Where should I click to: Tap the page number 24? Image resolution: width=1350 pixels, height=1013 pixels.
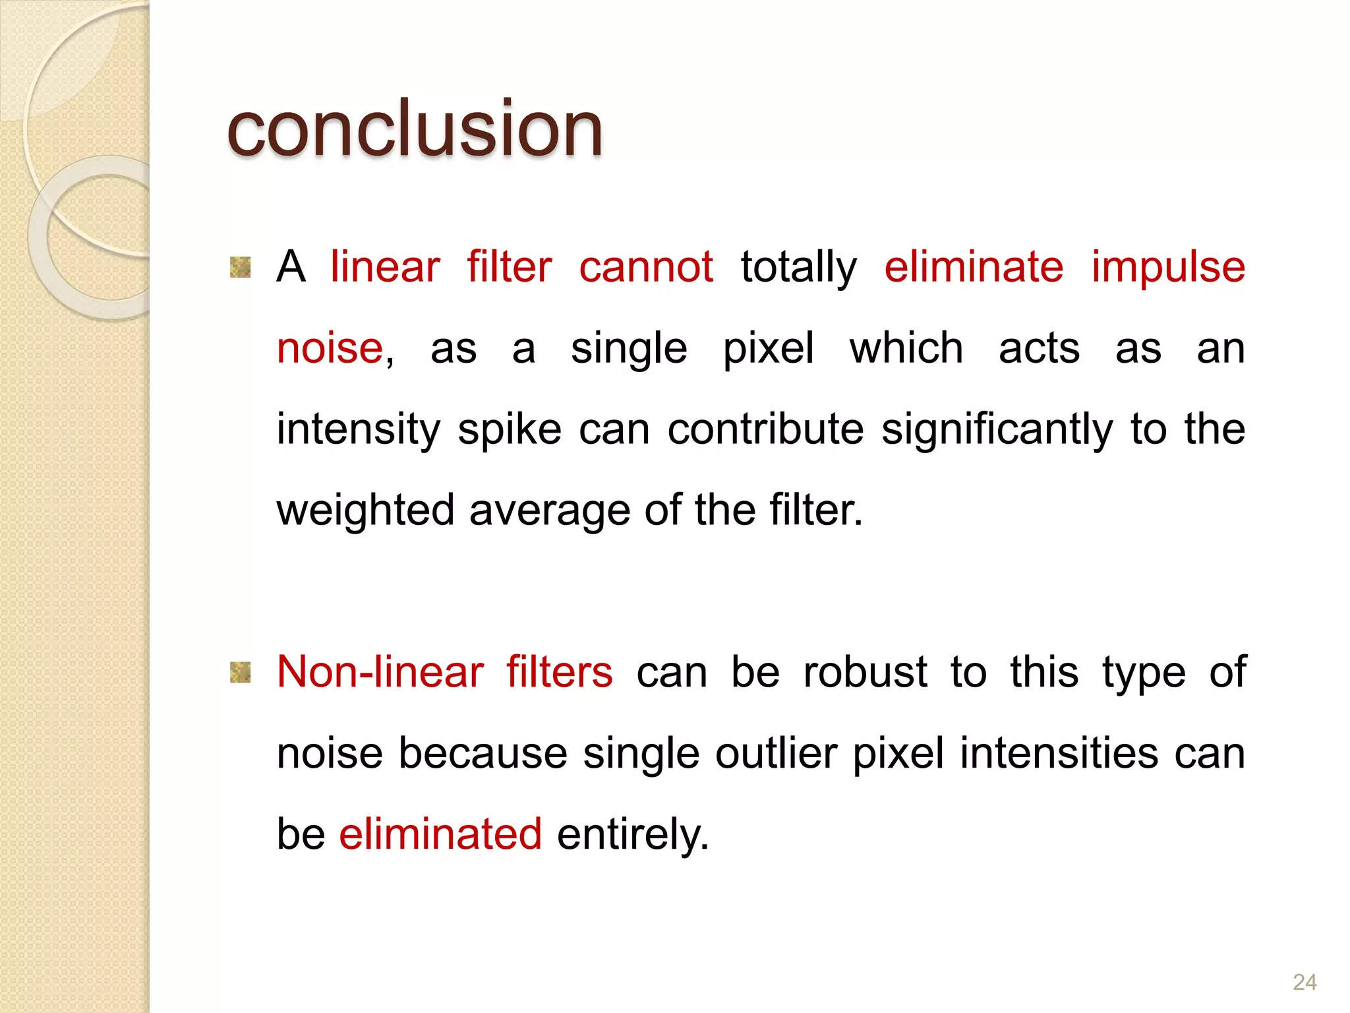tap(1305, 982)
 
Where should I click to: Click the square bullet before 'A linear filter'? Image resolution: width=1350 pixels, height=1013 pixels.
tap(241, 267)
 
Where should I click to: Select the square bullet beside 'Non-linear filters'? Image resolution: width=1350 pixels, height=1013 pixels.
tap(241, 672)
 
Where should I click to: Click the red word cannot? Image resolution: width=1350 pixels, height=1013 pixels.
tap(646, 267)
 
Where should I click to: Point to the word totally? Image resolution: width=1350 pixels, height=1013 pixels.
tap(799, 268)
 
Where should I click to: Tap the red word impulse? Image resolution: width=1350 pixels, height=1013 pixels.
tap(1168, 268)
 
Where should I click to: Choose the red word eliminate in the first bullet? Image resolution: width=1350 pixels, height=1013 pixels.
tap(974, 267)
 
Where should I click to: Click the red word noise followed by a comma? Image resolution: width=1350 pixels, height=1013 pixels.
tap(330, 348)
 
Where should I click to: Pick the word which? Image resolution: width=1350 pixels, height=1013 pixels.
tap(906, 348)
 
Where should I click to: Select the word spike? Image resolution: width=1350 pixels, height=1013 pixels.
tap(510, 430)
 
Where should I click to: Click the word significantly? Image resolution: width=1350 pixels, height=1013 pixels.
tap(997, 430)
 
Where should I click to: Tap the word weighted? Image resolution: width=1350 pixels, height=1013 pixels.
tap(366, 511)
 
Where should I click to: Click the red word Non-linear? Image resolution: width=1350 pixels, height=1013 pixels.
tap(380, 672)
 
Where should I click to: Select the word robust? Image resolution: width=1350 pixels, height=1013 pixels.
tap(866, 672)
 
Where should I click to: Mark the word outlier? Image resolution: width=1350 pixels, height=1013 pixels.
tap(777, 753)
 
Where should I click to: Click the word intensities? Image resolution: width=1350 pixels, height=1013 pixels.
tap(1059, 753)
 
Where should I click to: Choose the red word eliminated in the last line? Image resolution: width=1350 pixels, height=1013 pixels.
tap(440, 834)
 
